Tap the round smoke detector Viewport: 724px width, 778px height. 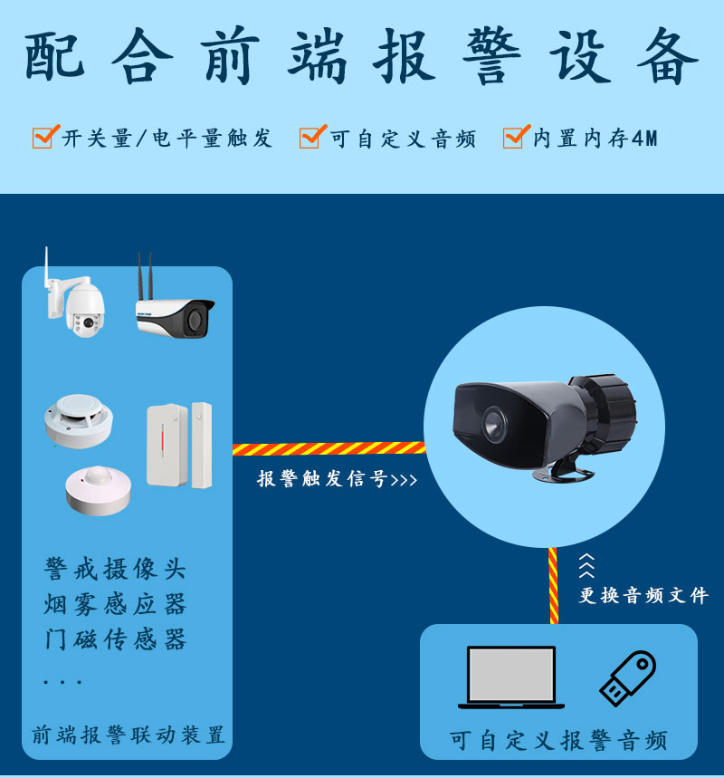tap(79, 421)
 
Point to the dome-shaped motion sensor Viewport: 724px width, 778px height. tap(98, 490)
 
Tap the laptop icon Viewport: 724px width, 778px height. tap(510, 677)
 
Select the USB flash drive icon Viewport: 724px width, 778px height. tap(628, 677)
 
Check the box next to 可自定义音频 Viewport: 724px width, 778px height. tap(312, 137)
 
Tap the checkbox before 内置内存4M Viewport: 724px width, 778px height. tap(516, 137)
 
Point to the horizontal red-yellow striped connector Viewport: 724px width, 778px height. tap(329, 448)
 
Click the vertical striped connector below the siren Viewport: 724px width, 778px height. tap(554, 585)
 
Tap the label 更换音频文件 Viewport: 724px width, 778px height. tap(643, 595)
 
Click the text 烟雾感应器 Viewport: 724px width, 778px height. tap(115, 604)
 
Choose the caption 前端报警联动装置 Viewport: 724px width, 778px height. tap(129, 735)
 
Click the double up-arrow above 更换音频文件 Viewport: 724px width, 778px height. tap(586, 565)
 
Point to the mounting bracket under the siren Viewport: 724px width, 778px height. tap(563, 470)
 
